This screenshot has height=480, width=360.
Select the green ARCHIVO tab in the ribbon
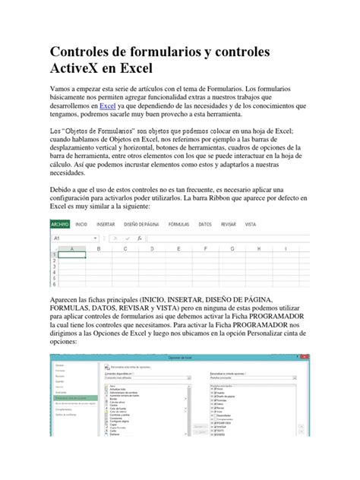(x=60, y=225)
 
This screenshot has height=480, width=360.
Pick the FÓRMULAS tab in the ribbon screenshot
(x=179, y=225)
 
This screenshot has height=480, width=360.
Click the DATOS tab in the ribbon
(x=205, y=225)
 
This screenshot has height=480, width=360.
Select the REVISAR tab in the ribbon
(x=228, y=225)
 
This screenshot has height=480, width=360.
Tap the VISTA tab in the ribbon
(x=251, y=225)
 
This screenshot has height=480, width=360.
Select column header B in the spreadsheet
(x=98, y=248)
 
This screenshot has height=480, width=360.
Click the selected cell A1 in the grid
(x=71, y=255)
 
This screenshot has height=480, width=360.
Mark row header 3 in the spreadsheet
(x=53, y=267)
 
